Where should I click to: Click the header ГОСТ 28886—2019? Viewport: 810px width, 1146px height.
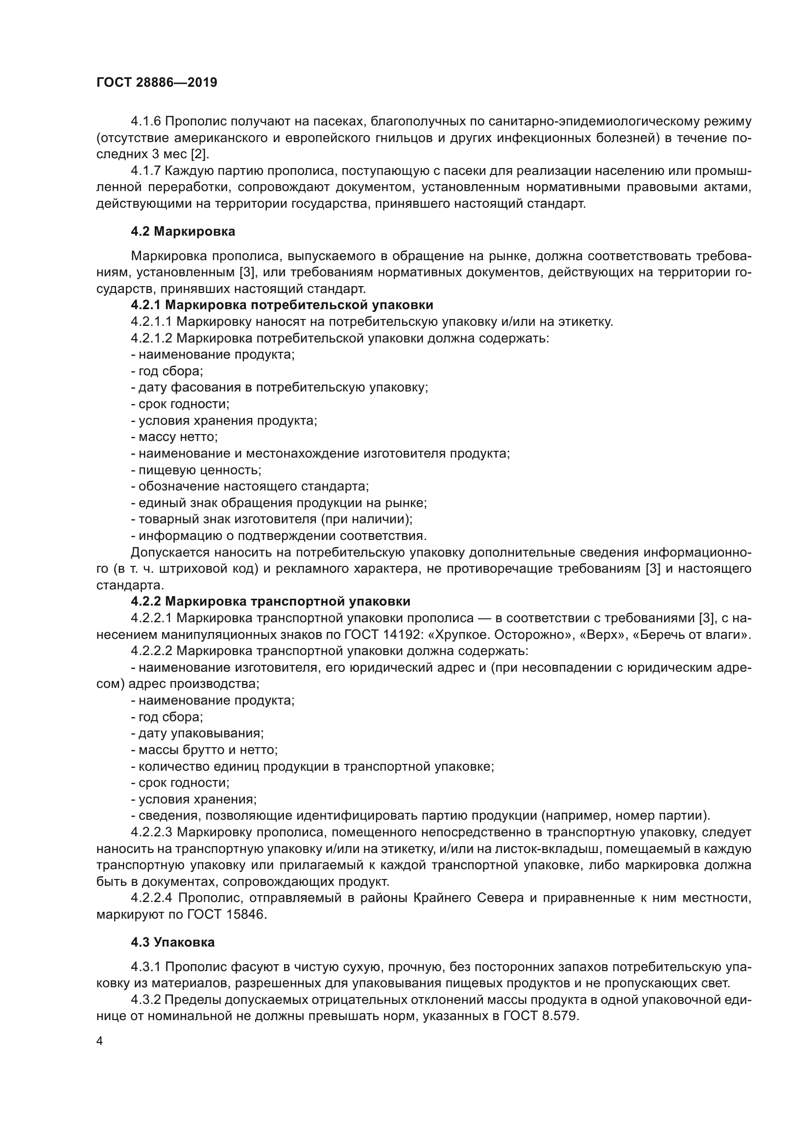point(157,83)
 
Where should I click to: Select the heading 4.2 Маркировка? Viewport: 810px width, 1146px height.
point(183,232)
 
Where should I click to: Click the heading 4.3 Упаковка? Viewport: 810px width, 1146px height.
point(172,942)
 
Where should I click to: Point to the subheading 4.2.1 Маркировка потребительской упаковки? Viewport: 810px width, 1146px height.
point(282,305)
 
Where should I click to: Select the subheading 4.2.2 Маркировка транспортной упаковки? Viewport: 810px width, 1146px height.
point(270,602)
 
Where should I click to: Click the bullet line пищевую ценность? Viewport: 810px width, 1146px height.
point(196,470)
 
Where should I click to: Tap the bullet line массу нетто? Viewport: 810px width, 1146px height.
point(174,437)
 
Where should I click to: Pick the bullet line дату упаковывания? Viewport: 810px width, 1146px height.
point(197,733)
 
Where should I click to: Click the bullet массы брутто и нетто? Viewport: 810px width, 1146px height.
point(205,750)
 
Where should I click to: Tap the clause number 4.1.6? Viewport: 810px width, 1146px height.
point(145,122)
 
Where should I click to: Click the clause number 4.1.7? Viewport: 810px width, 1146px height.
point(145,171)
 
